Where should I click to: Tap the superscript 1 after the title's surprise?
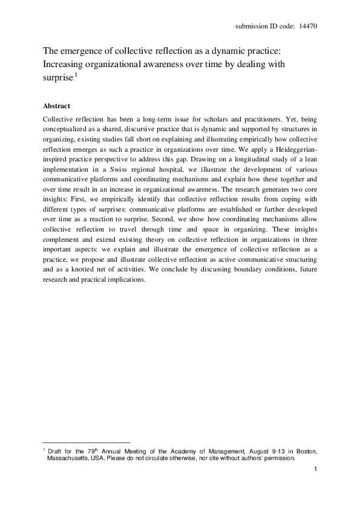click(x=74, y=74)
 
